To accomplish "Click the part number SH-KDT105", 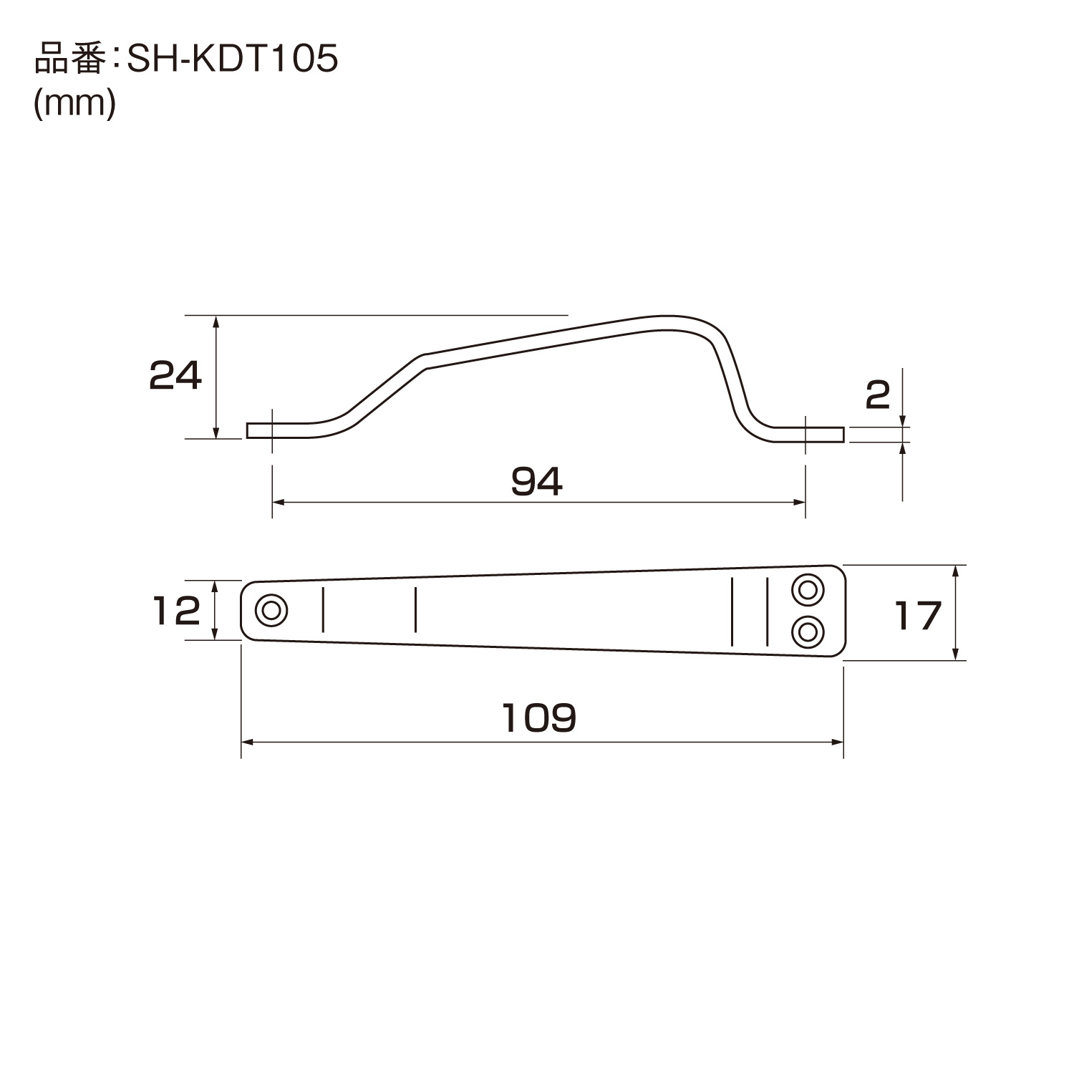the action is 232,60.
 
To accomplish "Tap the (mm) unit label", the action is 75,105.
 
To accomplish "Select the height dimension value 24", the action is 175,375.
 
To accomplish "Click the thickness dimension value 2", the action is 878,395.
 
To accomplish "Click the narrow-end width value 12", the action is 177,611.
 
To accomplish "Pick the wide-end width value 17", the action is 918,616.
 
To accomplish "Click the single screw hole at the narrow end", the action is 271,611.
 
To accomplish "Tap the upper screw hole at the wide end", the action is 808,590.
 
